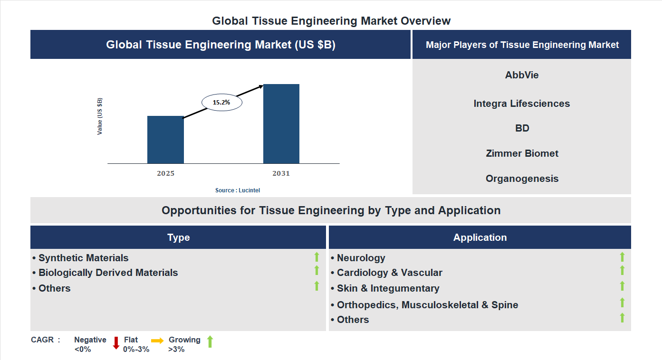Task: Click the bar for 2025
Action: coord(165,140)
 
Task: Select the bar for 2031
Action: coord(281,124)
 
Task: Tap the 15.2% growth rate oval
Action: coord(221,102)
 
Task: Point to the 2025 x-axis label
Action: coord(165,173)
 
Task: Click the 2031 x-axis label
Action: coord(281,173)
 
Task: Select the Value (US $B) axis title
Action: coord(100,116)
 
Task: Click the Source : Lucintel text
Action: coord(238,190)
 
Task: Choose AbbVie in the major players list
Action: coord(522,75)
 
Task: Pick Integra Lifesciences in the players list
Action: coord(522,104)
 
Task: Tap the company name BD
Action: coord(522,128)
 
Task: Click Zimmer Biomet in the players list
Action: coord(522,153)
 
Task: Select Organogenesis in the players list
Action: coord(522,179)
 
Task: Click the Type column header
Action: coord(178,237)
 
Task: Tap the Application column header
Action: coord(480,237)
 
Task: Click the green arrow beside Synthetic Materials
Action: coord(317,257)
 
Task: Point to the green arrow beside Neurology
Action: coord(622,257)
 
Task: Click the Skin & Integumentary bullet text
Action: coord(388,288)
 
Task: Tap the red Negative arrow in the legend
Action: coord(116,342)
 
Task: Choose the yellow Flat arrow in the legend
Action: coord(157,341)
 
